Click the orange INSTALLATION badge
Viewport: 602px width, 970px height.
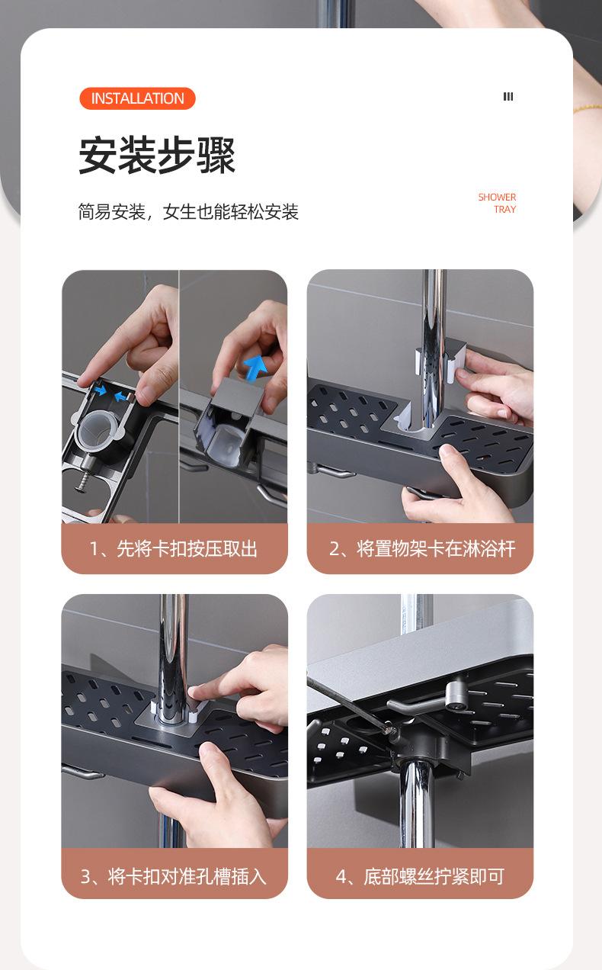pyautogui.click(x=138, y=98)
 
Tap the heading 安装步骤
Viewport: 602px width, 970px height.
pyautogui.click(x=157, y=155)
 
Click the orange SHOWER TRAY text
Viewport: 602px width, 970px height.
pyautogui.click(x=498, y=203)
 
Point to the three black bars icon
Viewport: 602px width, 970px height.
pyautogui.click(x=508, y=97)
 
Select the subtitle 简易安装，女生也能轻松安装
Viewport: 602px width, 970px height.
pyautogui.click(x=188, y=212)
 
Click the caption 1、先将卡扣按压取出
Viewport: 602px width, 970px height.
pyautogui.click(x=173, y=549)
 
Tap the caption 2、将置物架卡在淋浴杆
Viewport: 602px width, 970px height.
pyautogui.click(x=422, y=549)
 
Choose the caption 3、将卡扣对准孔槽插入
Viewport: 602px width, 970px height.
pyautogui.click(x=173, y=876)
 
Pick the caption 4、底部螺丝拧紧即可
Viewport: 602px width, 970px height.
pyautogui.click(x=420, y=876)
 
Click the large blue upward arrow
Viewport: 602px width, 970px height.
pyautogui.click(x=255, y=367)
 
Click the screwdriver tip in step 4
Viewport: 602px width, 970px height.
pyautogui.click(x=392, y=731)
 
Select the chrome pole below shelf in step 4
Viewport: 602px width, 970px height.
pyautogui.click(x=416, y=805)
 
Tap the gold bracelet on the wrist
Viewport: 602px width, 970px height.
pyautogui.click(x=588, y=108)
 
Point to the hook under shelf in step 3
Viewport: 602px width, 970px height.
pyautogui.click(x=82, y=772)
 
